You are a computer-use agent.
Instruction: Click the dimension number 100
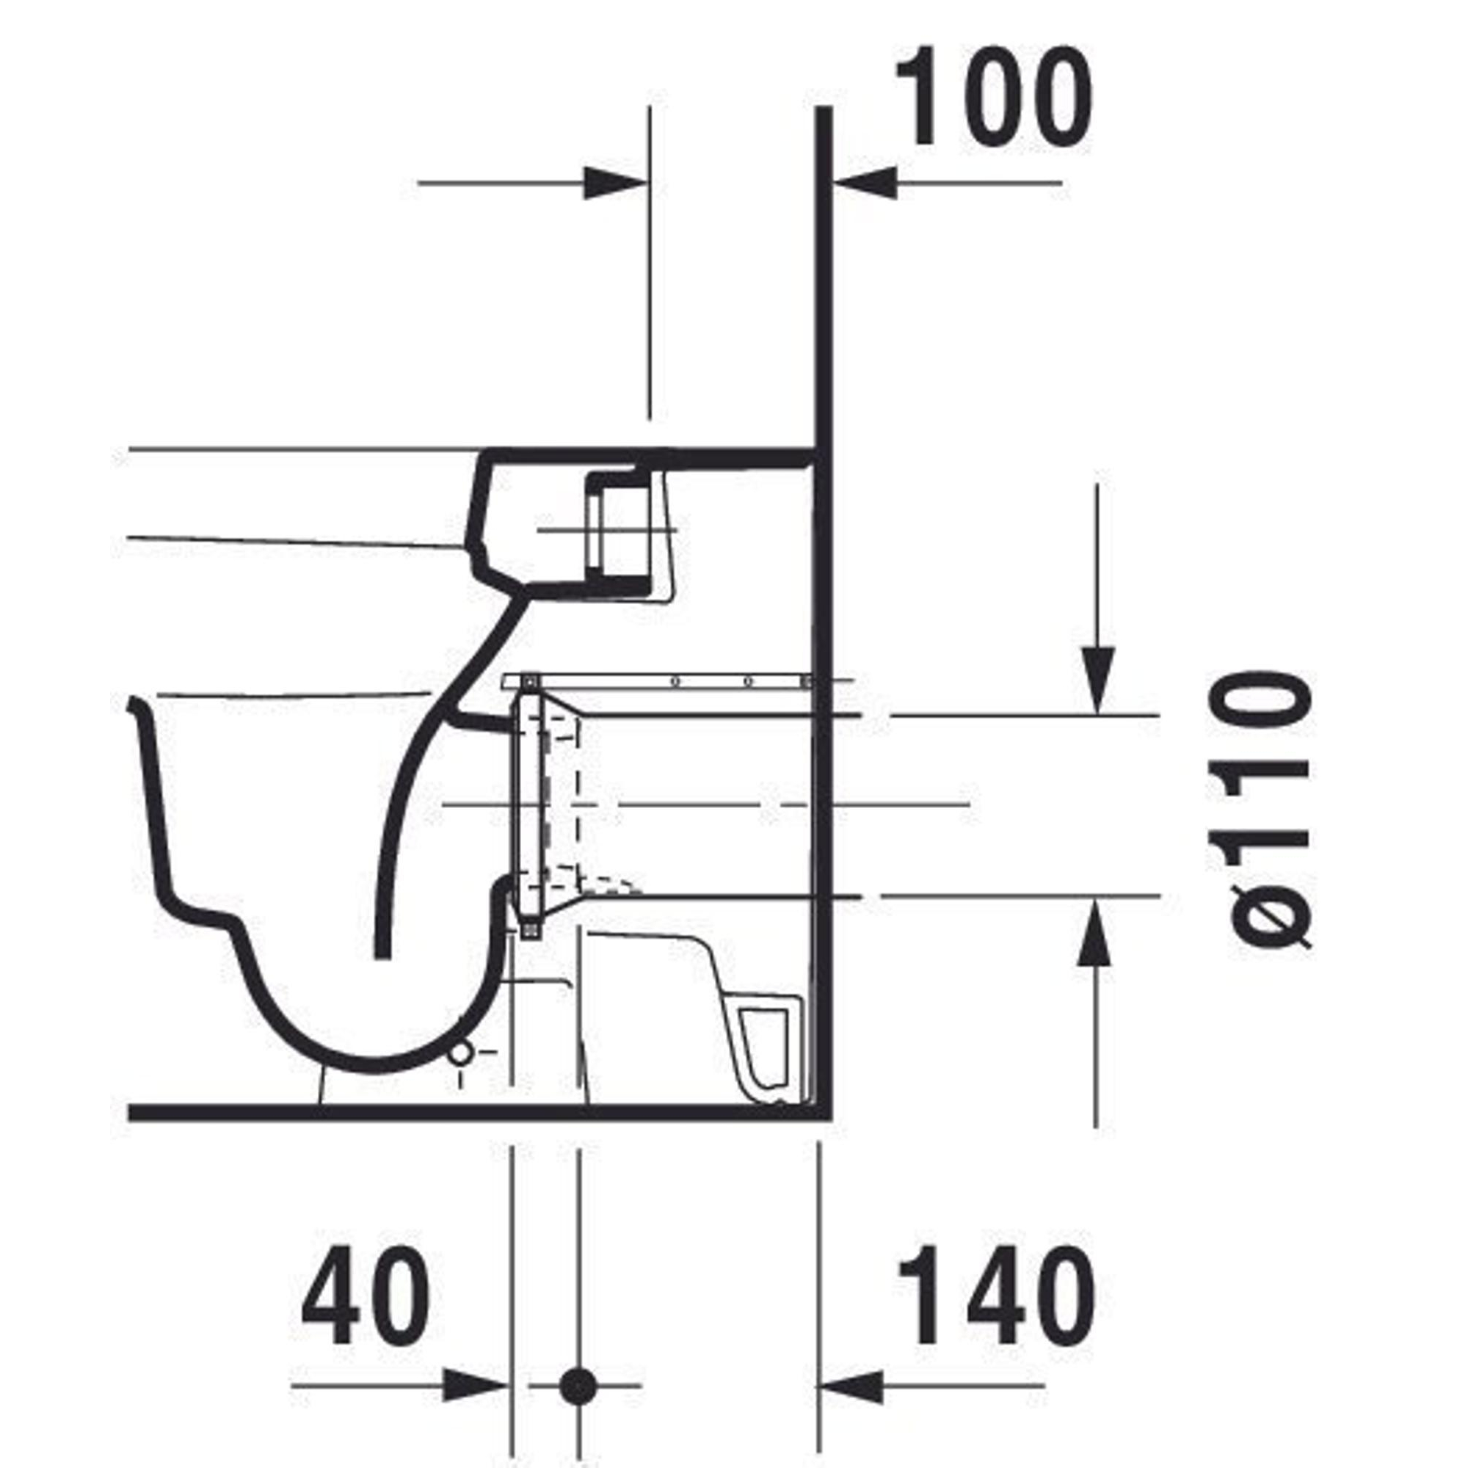click(994, 98)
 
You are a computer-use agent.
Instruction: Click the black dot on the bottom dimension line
click(578, 1386)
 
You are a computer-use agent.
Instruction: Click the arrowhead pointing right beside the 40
click(476, 1386)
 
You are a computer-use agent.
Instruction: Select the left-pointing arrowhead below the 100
click(865, 183)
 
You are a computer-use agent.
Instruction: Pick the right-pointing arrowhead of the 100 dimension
click(616, 183)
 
